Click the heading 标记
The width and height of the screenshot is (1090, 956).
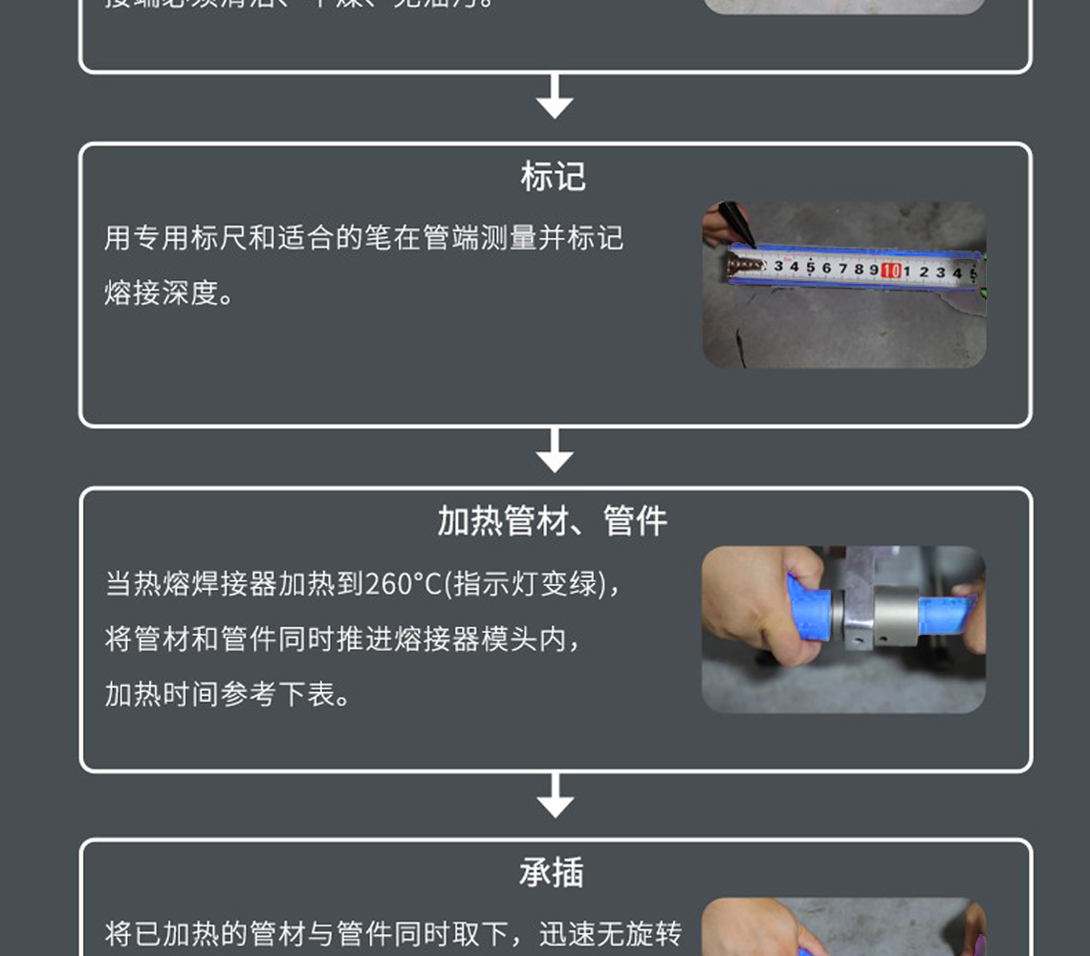click(x=553, y=177)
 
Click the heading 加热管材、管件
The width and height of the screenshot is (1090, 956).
click(x=553, y=522)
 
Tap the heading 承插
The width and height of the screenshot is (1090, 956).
click(x=552, y=873)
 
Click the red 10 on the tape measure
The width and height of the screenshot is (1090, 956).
click(x=891, y=271)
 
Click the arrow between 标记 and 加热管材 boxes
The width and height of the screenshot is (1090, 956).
click(x=555, y=451)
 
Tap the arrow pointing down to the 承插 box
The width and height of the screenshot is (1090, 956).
click(x=555, y=796)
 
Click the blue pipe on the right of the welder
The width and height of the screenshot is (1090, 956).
click(x=947, y=612)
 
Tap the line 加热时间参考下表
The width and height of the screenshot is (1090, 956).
click(x=228, y=695)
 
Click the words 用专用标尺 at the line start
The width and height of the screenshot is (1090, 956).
click(x=161, y=238)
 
